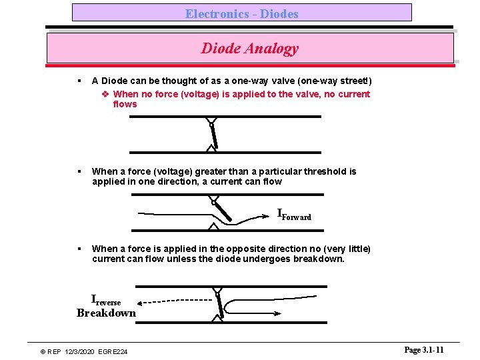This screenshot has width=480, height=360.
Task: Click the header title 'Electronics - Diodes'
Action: pyautogui.click(x=241, y=13)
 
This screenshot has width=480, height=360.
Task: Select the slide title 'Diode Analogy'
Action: pyautogui.click(x=249, y=48)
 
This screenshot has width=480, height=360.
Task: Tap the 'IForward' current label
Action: pyautogui.click(x=294, y=214)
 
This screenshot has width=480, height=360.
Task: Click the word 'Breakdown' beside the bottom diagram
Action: pyautogui.click(x=106, y=313)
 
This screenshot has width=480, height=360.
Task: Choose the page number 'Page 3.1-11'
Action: pyautogui.click(x=423, y=350)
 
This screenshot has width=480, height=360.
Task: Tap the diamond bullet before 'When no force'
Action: pyautogui.click(x=105, y=94)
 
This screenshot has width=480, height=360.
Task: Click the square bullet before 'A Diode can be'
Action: pyautogui.click(x=79, y=81)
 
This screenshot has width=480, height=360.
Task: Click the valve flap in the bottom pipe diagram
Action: pyautogui.click(x=219, y=305)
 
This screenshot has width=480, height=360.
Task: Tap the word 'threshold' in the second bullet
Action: pyautogui.click(x=325, y=171)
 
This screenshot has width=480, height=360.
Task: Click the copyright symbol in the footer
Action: pyautogui.click(x=43, y=351)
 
